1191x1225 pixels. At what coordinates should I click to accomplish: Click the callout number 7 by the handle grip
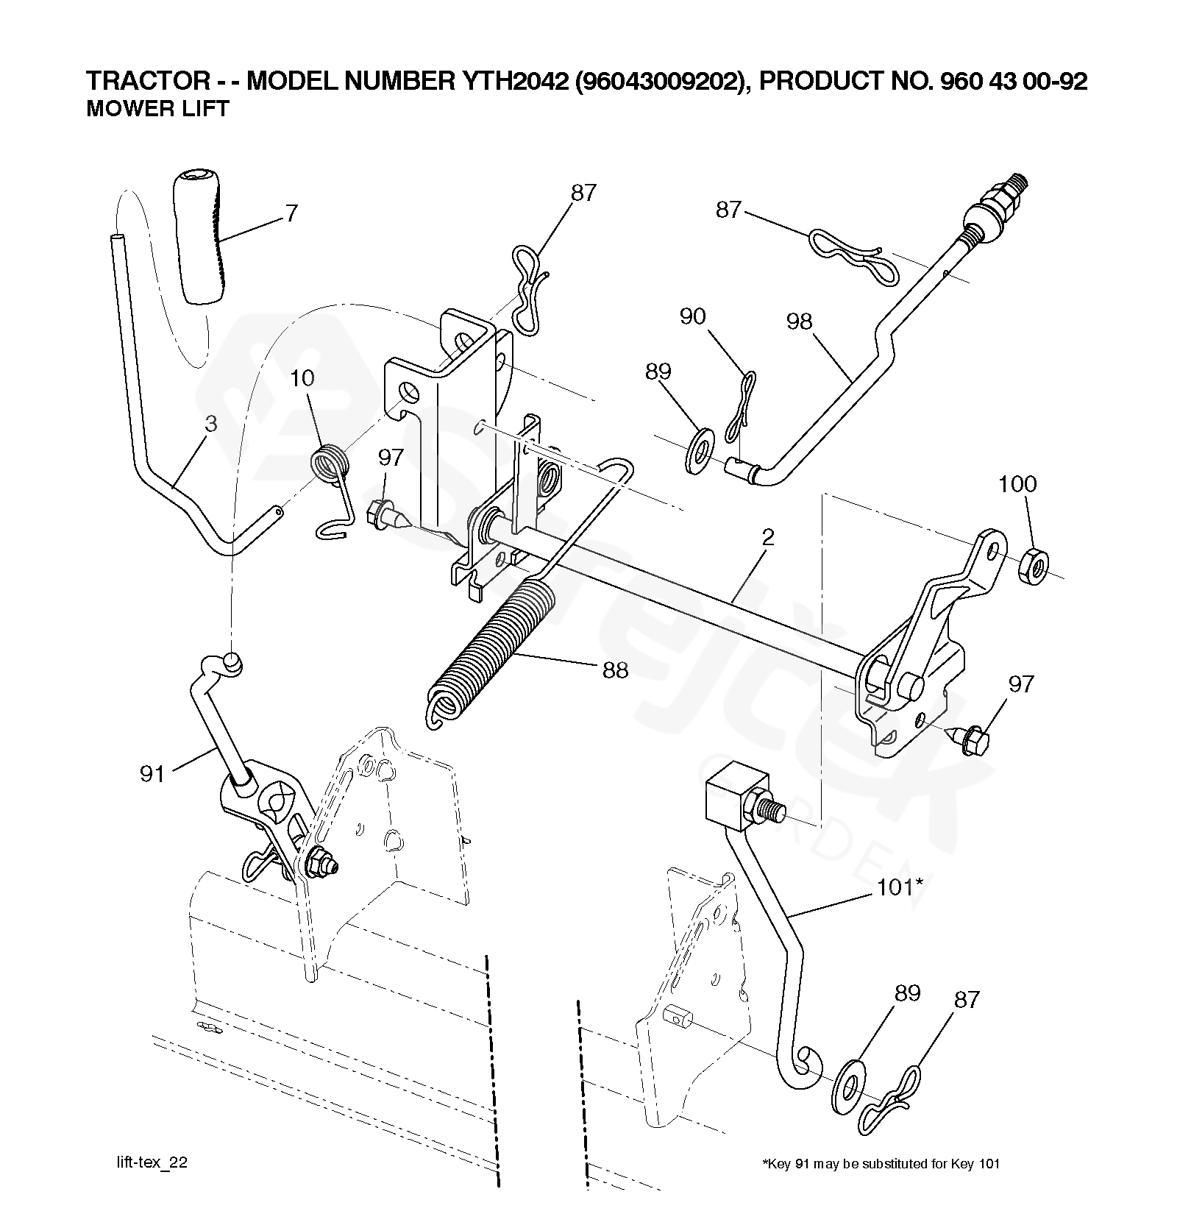pos(292,213)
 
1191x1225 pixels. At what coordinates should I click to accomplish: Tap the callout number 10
pos(302,378)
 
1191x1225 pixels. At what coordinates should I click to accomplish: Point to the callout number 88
pos(615,670)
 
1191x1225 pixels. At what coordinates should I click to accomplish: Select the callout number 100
pos(1017,484)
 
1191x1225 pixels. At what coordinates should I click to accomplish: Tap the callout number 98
pos(800,322)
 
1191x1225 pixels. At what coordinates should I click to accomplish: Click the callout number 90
pos(692,316)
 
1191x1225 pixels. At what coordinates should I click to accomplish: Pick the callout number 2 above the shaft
pos(768,537)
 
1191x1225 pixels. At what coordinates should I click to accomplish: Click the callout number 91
pos(152,773)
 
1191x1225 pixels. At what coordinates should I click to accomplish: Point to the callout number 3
pos(211,424)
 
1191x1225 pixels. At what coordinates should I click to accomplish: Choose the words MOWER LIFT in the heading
pos(158,109)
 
